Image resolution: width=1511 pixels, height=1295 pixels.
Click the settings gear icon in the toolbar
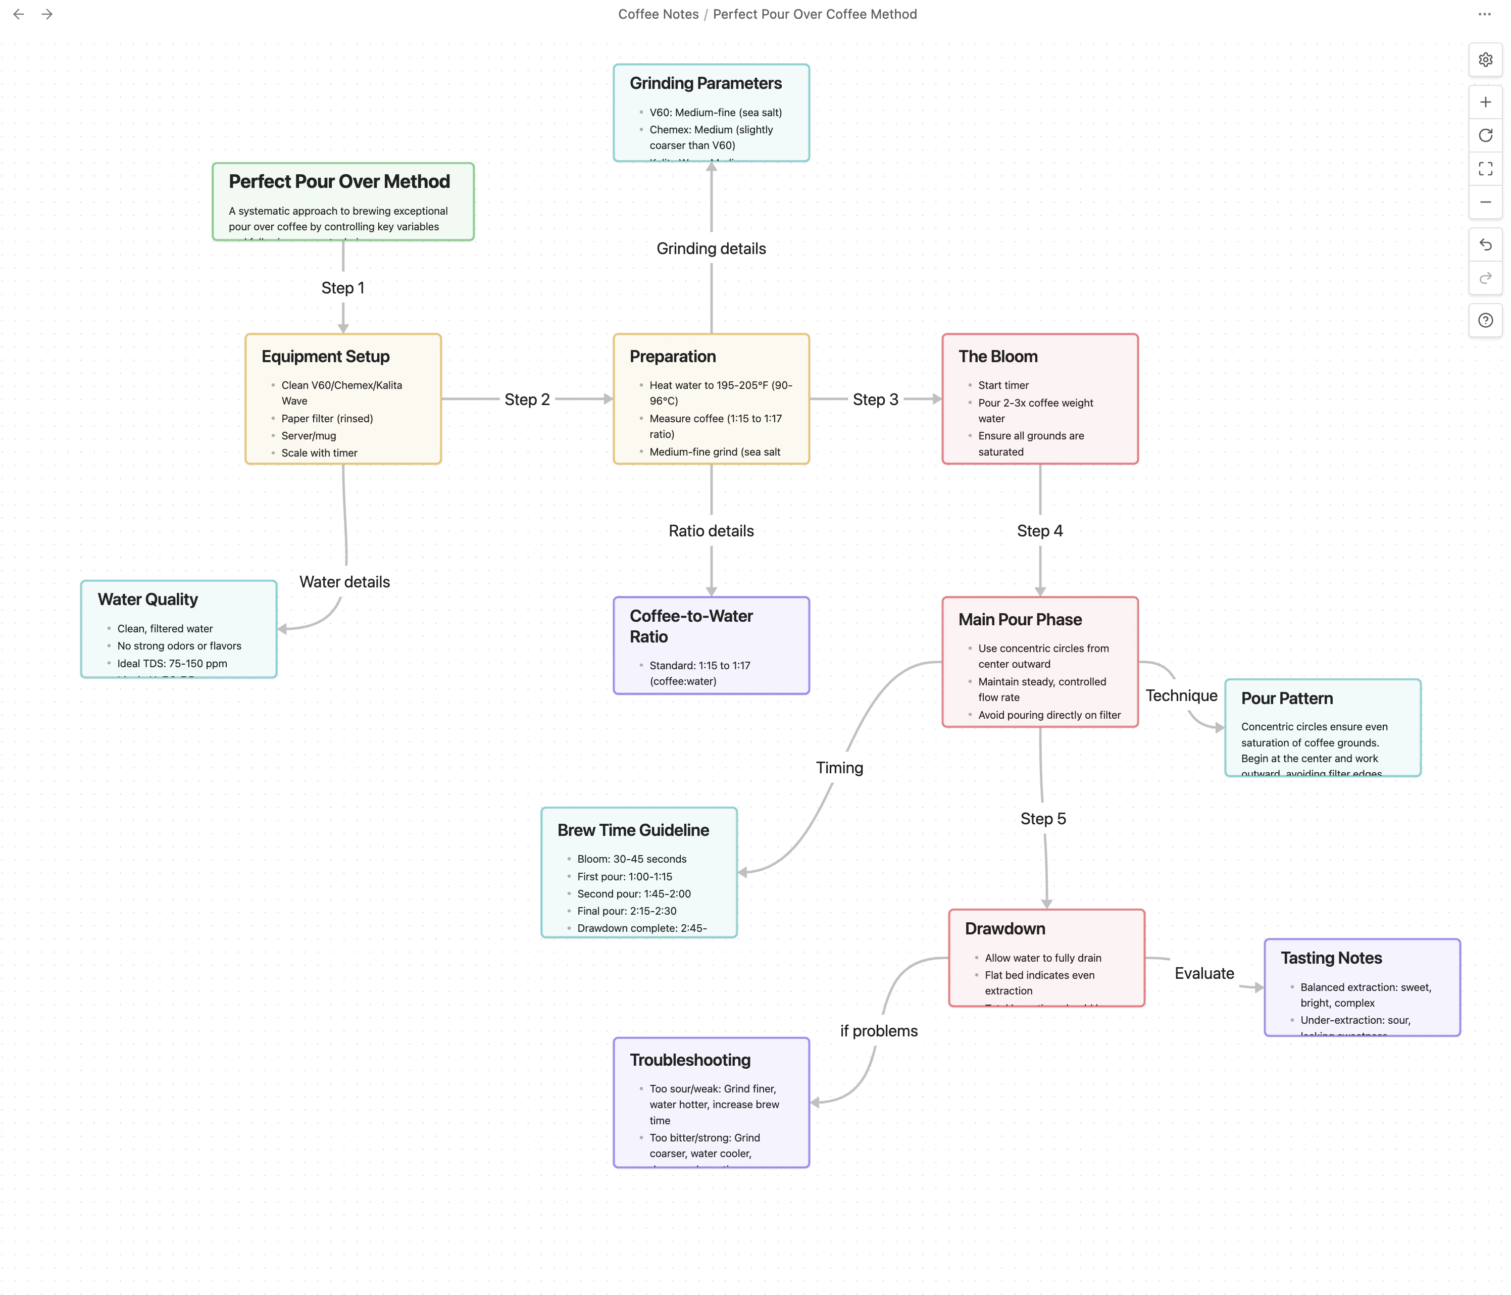coord(1485,60)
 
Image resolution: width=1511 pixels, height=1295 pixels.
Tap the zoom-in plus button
coord(1485,102)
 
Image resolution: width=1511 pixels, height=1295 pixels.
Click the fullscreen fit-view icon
coord(1485,168)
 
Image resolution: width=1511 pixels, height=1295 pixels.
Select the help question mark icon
coord(1485,320)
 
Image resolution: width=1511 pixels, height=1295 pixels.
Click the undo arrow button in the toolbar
coord(1485,244)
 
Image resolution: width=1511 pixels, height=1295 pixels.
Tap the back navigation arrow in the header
coord(19,14)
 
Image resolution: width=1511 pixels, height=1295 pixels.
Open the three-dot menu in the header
coord(1484,14)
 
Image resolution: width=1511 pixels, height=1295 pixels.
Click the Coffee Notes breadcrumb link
coord(658,14)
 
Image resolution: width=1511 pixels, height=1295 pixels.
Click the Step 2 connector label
coord(527,400)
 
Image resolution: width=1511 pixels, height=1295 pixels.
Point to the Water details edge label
coord(344,582)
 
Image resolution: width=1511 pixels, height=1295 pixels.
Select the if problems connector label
coord(878,1031)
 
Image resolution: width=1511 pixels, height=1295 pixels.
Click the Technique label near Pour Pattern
coord(1181,695)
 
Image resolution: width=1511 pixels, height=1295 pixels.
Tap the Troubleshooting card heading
coord(690,1060)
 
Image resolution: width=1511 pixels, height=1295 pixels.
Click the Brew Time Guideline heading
coord(632,830)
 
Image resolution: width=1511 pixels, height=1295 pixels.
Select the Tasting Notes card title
coord(1331,958)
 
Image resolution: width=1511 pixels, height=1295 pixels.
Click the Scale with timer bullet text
coord(319,453)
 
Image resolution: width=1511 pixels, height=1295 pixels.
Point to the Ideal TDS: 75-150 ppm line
coord(172,664)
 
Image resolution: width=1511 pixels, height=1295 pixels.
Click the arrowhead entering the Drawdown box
coord(1046,904)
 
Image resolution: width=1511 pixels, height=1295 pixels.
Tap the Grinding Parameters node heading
coord(705,83)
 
